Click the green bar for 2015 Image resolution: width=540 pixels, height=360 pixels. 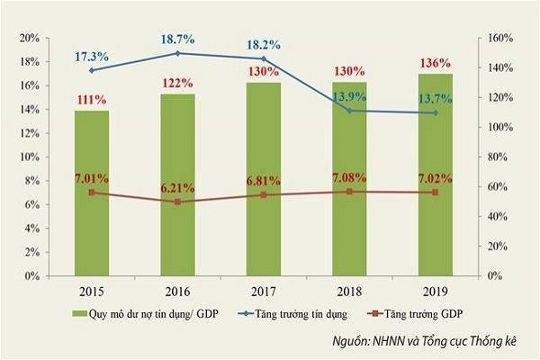click(92, 193)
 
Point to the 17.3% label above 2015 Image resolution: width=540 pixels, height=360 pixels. click(93, 56)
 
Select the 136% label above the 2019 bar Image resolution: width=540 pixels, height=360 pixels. click(436, 63)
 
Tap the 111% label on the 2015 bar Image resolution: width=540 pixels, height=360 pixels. click(93, 98)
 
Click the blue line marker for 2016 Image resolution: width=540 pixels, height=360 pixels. click(178, 53)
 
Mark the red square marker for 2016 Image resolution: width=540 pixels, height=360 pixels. click(178, 202)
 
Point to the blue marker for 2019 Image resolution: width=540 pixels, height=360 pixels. click(436, 112)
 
